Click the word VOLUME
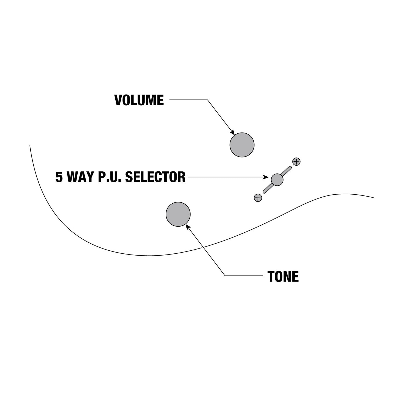[139, 100]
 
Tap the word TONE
[283, 277]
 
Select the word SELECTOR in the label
[155, 177]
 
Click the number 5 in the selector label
[59, 177]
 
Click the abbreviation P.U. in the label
[109, 177]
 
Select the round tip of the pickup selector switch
[277, 180]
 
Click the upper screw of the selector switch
[296, 162]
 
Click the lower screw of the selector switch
[258, 198]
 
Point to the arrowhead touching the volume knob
[232, 133]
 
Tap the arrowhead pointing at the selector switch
[266, 177]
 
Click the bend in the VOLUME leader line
[207, 100]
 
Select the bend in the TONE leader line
[225, 276]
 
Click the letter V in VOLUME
[118, 100]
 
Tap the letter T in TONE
[271, 277]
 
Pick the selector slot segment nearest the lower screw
[268, 188]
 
